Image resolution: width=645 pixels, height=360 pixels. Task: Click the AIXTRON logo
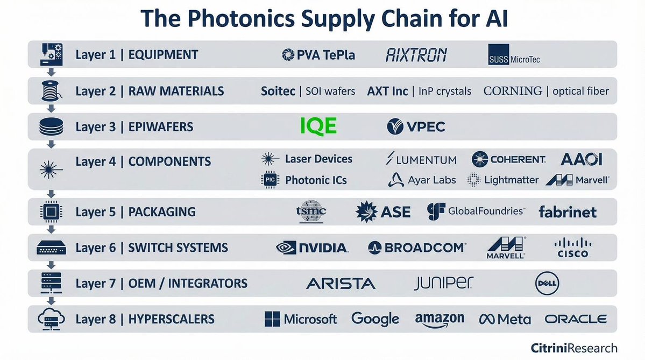pyautogui.click(x=416, y=55)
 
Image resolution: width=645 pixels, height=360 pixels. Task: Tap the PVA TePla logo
pyautogui.click(x=318, y=55)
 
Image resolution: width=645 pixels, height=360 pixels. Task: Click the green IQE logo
pyautogui.click(x=317, y=126)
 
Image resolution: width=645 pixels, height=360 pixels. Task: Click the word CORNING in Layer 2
pyautogui.click(x=513, y=91)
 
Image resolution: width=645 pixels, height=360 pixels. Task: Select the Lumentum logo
pyautogui.click(x=421, y=159)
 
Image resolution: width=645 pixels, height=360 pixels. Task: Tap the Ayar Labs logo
pyautogui.click(x=422, y=180)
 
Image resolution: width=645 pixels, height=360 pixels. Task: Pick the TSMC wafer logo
pyautogui.click(x=311, y=212)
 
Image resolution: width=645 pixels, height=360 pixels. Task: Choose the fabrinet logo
pyautogui.click(x=567, y=212)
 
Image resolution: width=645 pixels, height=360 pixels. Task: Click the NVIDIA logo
pyautogui.click(x=312, y=248)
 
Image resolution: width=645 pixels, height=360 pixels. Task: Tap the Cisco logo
pyautogui.click(x=571, y=248)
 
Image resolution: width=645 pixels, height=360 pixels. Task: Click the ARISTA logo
pyautogui.click(x=341, y=283)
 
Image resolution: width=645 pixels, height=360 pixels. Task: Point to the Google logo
pyautogui.click(x=375, y=319)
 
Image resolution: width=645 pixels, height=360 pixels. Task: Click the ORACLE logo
pyautogui.click(x=575, y=319)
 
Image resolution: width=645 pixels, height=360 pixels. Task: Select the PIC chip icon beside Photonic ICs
pyautogui.click(x=268, y=180)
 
